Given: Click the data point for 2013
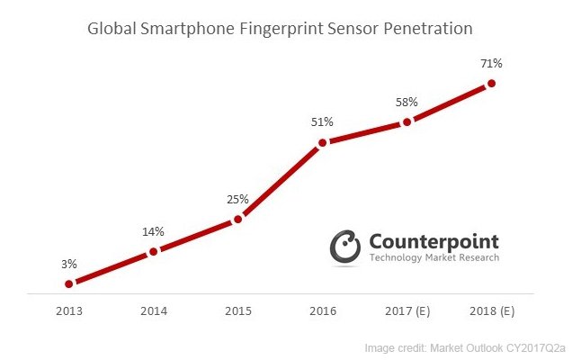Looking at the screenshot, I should coord(69,283).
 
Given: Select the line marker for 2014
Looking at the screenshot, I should coord(154,251).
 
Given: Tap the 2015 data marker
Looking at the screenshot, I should coord(238,219).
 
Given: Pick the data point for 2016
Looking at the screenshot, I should coord(323,142).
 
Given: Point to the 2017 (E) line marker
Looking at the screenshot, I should coord(407,121).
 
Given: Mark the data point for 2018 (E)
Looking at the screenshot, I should coord(492,84).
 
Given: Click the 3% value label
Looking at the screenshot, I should coord(69,264).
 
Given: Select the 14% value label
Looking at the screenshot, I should coord(154,231).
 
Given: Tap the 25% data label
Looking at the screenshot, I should coord(238,199).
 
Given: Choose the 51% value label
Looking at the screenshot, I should coord(323,121).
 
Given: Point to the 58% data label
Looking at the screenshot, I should coord(407,101).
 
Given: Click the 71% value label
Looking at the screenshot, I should coord(492,63).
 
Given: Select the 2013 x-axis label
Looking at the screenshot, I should coord(69,311).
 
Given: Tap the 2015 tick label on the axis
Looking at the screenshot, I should coord(238,311).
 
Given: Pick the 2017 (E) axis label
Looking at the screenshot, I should coord(407,311).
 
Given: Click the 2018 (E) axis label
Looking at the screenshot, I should coord(492,311).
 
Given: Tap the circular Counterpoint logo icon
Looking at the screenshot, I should coord(346,248).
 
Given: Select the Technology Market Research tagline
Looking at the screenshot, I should coord(433,258).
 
